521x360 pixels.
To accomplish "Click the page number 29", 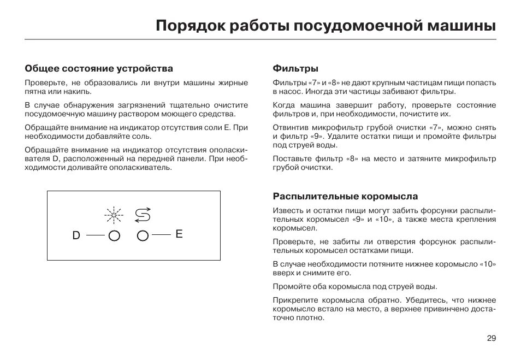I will pos(491,338).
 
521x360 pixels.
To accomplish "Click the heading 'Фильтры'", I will pos(295,69).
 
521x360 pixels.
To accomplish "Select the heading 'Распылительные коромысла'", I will pos(345,196).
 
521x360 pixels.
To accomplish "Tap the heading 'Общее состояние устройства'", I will pos(99,69).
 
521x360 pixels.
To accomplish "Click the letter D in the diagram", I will pos(76,235).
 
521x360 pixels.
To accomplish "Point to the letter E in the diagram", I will pos(179,234).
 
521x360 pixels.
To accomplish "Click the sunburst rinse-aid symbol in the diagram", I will pos(115,215).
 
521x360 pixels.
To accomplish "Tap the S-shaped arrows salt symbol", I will pos(143,215).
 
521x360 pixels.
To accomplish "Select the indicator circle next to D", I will pos(115,236).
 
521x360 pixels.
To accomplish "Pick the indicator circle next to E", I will pos(143,236).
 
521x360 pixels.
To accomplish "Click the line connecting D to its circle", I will pos(94,236).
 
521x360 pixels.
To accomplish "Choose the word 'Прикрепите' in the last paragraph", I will pos(293,300).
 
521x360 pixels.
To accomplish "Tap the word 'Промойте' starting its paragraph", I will pos(290,286).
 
